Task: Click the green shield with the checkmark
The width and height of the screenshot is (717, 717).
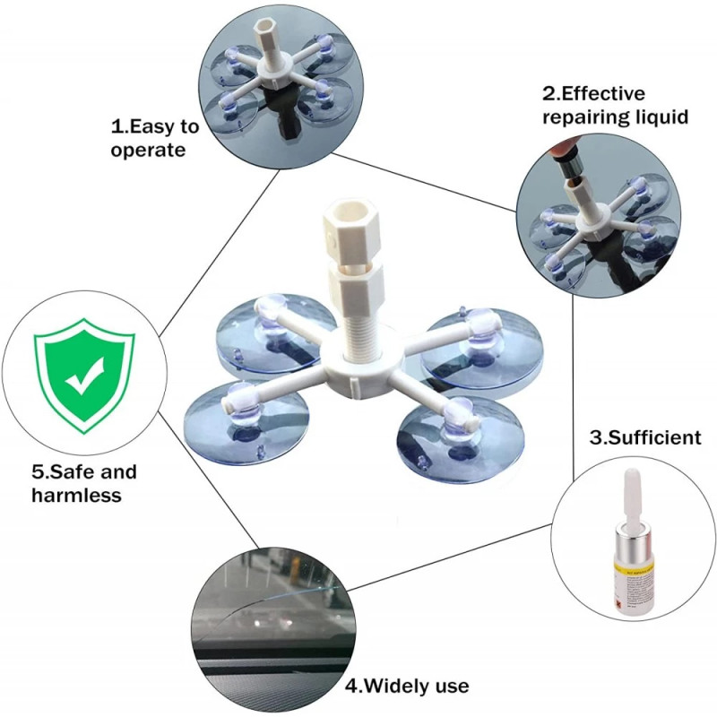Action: point(84,376)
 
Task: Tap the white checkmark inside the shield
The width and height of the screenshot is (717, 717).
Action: point(84,376)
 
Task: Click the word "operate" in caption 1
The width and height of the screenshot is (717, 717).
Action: point(148,151)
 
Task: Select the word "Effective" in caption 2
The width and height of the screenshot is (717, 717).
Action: point(602,94)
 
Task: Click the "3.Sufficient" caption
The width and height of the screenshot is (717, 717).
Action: point(645,437)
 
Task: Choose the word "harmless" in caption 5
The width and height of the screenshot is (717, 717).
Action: point(77,496)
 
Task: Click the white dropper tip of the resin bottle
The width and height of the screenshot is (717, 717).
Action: point(632,497)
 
